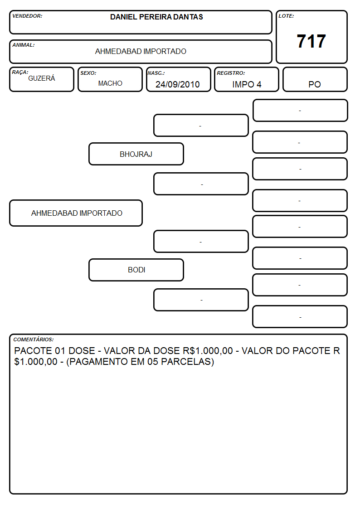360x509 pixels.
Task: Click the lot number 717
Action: pyautogui.click(x=311, y=41)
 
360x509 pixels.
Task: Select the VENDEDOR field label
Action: pyautogui.click(x=27, y=16)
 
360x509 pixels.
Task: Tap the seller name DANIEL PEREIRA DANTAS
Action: pyautogui.click(x=156, y=17)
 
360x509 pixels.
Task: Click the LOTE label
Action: pyautogui.click(x=286, y=16)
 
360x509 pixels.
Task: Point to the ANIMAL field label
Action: pyautogui.click(x=24, y=45)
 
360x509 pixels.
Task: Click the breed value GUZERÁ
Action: pyautogui.click(x=42, y=78)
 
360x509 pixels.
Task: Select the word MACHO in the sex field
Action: pyautogui.click(x=110, y=83)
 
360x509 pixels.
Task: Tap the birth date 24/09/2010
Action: pyautogui.click(x=178, y=84)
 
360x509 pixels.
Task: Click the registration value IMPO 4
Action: pyautogui.click(x=247, y=84)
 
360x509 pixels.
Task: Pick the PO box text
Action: pyautogui.click(x=315, y=84)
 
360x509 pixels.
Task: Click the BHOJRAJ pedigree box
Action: pyautogui.click(x=136, y=154)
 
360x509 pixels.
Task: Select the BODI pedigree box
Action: pyautogui.click(x=136, y=270)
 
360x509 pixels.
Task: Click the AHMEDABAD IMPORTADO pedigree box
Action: pyautogui.click(x=76, y=213)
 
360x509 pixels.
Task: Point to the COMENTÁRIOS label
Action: pyautogui.click(x=34, y=339)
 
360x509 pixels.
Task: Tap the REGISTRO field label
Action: pyautogui.click(x=231, y=73)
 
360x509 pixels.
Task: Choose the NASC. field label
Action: pyautogui.click(x=156, y=73)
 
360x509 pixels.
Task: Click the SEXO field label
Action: pyautogui.click(x=88, y=73)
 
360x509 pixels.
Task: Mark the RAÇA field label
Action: pyautogui.click(x=20, y=73)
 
